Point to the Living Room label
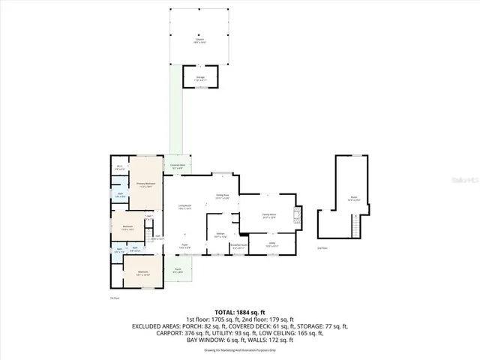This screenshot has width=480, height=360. (x=184, y=206)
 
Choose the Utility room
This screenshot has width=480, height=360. (x=272, y=244)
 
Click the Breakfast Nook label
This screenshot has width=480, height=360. (x=238, y=246)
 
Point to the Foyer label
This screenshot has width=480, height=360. (x=184, y=245)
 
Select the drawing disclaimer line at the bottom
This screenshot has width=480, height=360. (x=240, y=350)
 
